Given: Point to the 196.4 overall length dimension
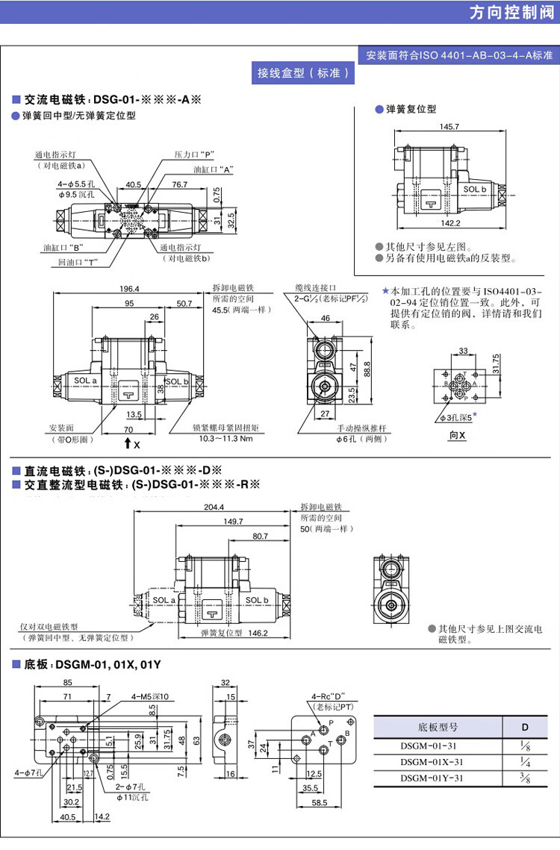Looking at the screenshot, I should click(x=131, y=290).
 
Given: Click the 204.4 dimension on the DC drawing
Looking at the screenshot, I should click(x=214, y=507).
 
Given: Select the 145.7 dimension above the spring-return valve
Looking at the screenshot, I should click(x=449, y=127).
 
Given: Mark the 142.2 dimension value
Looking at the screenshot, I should click(x=449, y=222).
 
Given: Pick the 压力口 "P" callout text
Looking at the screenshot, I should click(x=194, y=154).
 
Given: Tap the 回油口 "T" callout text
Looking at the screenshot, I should click(x=78, y=262).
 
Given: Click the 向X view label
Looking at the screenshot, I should click(x=457, y=435).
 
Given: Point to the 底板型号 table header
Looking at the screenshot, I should click(x=433, y=726).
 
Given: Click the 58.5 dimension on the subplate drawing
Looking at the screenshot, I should click(x=320, y=802).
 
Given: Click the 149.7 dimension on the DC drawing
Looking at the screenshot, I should click(x=233, y=522).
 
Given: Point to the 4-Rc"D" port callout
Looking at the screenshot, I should click(x=326, y=697).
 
